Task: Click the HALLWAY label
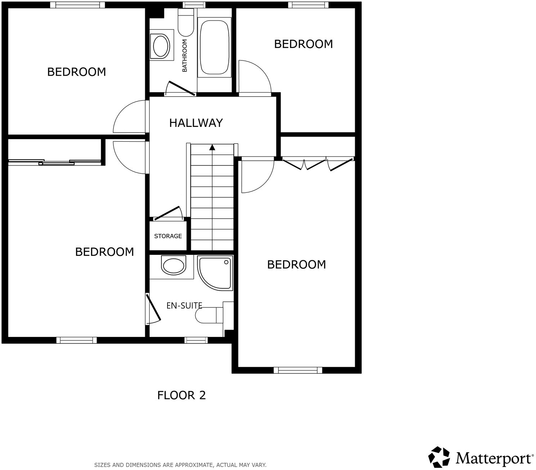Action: (x=196, y=123)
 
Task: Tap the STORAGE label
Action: (x=168, y=236)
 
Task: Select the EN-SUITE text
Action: (x=184, y=306)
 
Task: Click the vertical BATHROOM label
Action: (x=185, y=56)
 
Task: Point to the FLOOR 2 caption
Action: (x=181, y=395)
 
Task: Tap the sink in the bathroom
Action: (x=161, y=46)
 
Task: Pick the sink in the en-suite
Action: (x=173, y=265)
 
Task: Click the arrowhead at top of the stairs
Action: (x=212, y=147)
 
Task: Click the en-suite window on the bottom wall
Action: (x=196, y=340)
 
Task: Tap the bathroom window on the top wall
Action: (x=194, y=5)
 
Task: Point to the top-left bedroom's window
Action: (x=77, y=5)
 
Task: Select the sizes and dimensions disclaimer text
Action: (x=180, y=465)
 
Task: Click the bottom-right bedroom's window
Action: (x=298, y=370)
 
